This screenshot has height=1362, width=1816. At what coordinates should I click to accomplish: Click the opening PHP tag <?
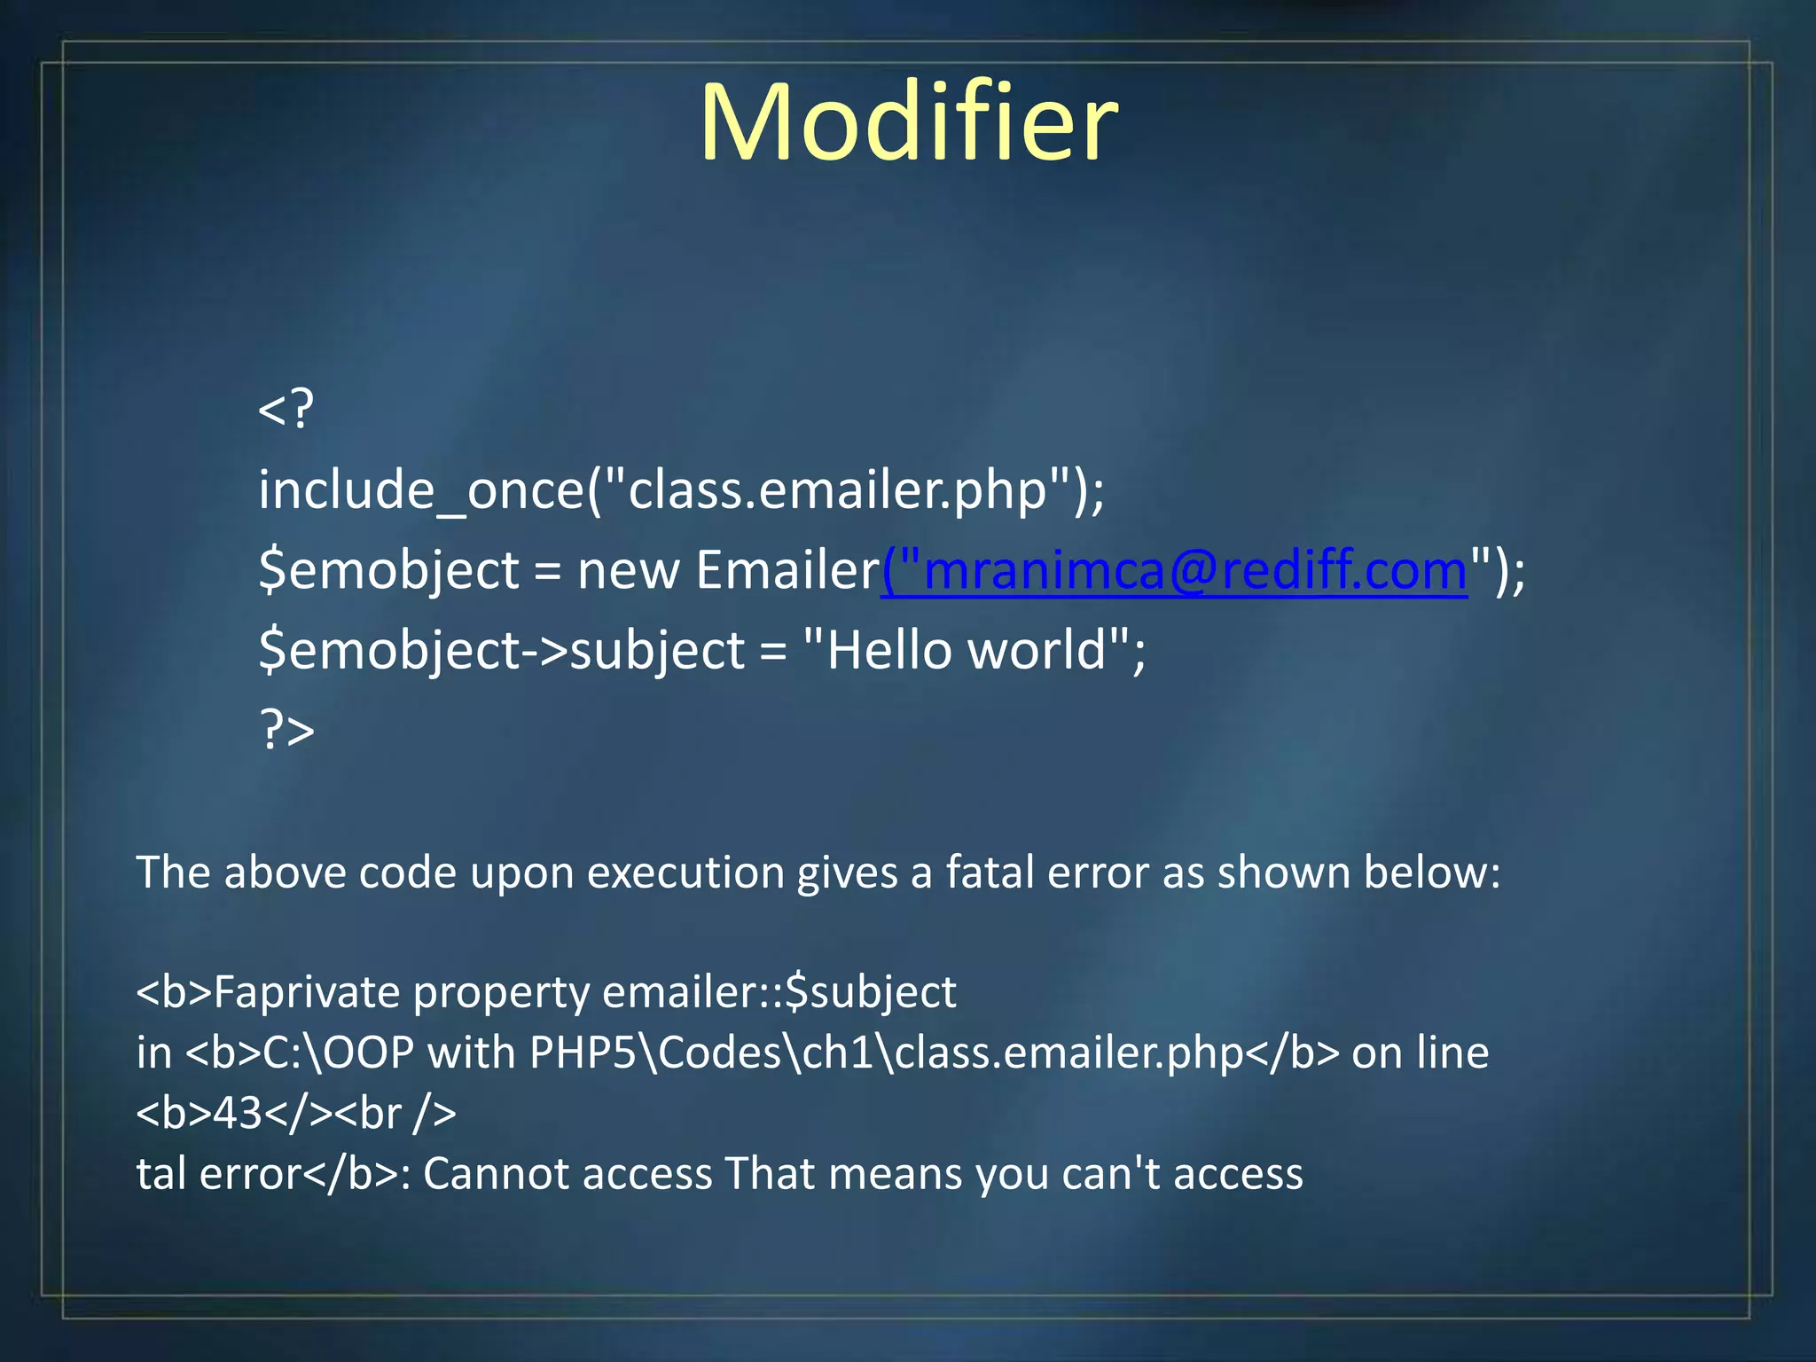click(x=286, y=410)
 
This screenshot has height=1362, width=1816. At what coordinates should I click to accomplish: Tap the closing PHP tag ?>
click(x=286, y=731)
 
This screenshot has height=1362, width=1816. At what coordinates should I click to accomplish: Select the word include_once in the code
click(x=420, y=490)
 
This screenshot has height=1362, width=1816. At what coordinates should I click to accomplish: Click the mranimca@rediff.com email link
click(x=1174, y=570)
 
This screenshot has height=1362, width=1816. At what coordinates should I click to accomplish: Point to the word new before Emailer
click(x=629, y=570)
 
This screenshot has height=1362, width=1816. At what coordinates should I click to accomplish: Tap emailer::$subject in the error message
click(x=779, y=992)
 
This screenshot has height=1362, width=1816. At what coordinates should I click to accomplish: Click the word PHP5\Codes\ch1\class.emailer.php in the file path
click(x=888, y=1053)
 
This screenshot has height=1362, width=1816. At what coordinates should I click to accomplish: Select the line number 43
click(x=238, y=1114)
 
